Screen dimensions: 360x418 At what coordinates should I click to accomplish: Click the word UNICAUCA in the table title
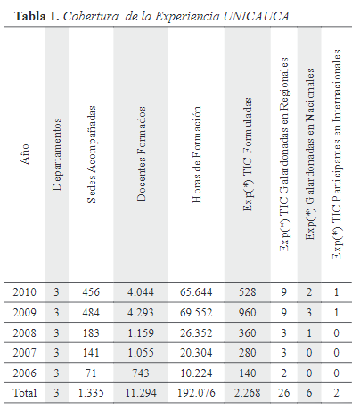coord(256,16)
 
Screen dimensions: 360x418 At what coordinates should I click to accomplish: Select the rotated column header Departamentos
coord(57,154)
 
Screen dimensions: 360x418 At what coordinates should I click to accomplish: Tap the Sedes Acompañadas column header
coord(92,154)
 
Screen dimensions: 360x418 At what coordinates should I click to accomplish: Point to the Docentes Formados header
coord(142,154)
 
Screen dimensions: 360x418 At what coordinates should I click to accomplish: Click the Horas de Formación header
coord(196,154)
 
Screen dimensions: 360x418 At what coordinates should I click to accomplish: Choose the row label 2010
coord(24,292)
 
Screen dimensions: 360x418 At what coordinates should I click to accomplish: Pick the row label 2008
coord(24,332)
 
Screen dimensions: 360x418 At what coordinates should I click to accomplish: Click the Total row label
coord(25,393)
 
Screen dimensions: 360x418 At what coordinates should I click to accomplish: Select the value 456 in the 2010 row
coord(91,292)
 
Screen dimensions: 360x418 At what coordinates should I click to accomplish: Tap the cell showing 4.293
coord(141,313)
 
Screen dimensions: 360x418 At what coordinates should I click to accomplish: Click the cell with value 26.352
coord(196,332)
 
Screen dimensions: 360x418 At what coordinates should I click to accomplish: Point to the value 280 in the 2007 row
coord(248,353)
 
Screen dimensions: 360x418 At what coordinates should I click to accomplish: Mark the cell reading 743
coord(141,373)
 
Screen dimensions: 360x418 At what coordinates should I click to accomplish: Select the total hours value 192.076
coord(196,393)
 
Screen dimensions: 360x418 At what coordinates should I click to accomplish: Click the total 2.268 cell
coord(247,393)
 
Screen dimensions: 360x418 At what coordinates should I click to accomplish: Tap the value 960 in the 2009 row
coord(248,313)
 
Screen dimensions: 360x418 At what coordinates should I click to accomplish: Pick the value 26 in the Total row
coord(283,393)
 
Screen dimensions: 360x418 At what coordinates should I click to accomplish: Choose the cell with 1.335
coord(91,393)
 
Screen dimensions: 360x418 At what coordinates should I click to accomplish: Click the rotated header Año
coord(25,154)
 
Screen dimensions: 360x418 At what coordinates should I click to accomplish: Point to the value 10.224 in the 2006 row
coord(196,373)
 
